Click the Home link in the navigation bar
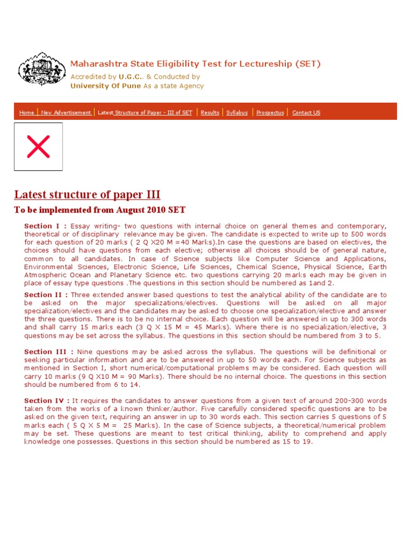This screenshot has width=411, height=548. [27, 113]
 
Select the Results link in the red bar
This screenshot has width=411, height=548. [210, 113]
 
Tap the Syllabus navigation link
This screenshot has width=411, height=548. [237, 113]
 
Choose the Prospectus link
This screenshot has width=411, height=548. [270, 113]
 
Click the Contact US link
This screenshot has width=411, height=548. [306, 113]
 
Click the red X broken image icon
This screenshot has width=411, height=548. [38, 147]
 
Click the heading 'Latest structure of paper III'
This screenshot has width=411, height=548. [87, 194]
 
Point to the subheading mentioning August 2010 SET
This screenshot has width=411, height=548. [100, 210]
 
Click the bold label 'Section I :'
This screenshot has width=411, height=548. [45, 226]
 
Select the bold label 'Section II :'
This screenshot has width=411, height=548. [46, 295]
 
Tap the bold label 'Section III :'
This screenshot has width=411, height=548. [49, 352]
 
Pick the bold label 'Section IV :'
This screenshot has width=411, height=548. [47, 401]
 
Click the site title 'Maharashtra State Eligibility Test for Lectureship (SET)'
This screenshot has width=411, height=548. [195, 64]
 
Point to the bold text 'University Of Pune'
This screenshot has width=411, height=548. [106, 86]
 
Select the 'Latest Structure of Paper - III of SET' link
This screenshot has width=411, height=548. [145, 113]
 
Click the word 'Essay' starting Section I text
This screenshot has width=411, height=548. [81, 226]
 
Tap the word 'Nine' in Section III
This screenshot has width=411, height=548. [86, 352]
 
